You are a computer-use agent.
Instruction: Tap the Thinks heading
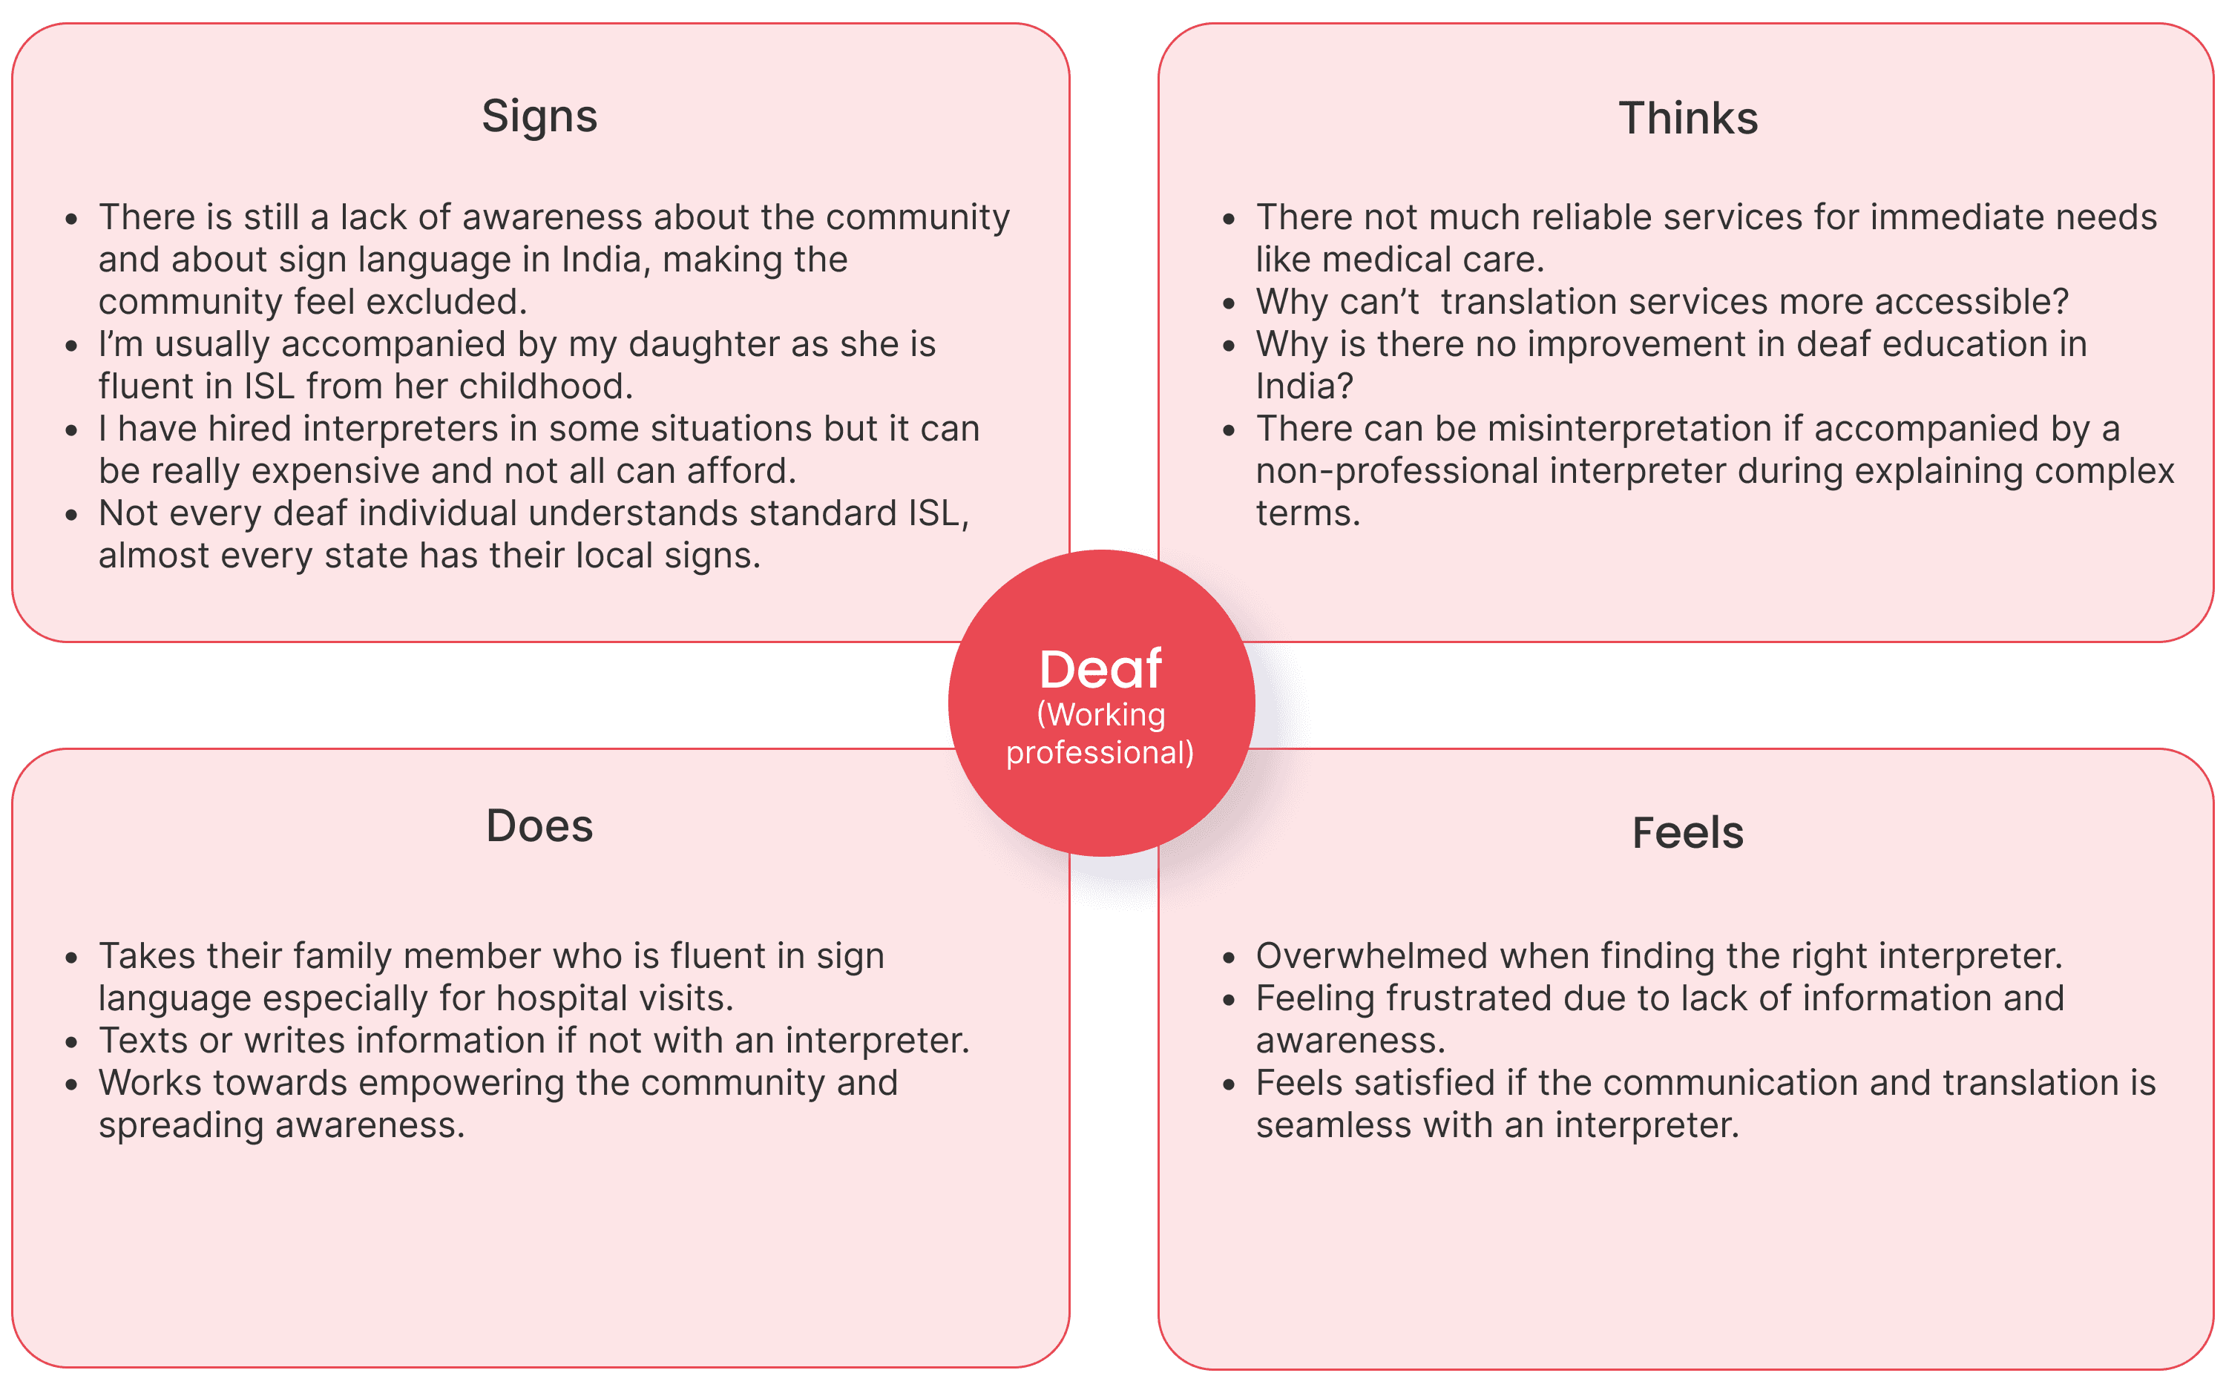(x=1688, y=119)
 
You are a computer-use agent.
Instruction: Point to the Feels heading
(x=1688, y=833)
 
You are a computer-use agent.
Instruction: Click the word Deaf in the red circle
(x=1100, y=669)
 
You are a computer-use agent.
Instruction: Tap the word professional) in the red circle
(x=1100, y=753)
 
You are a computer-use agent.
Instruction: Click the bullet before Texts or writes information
(x=72, y=1043)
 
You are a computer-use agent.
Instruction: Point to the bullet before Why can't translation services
(x=1229, y=303)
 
